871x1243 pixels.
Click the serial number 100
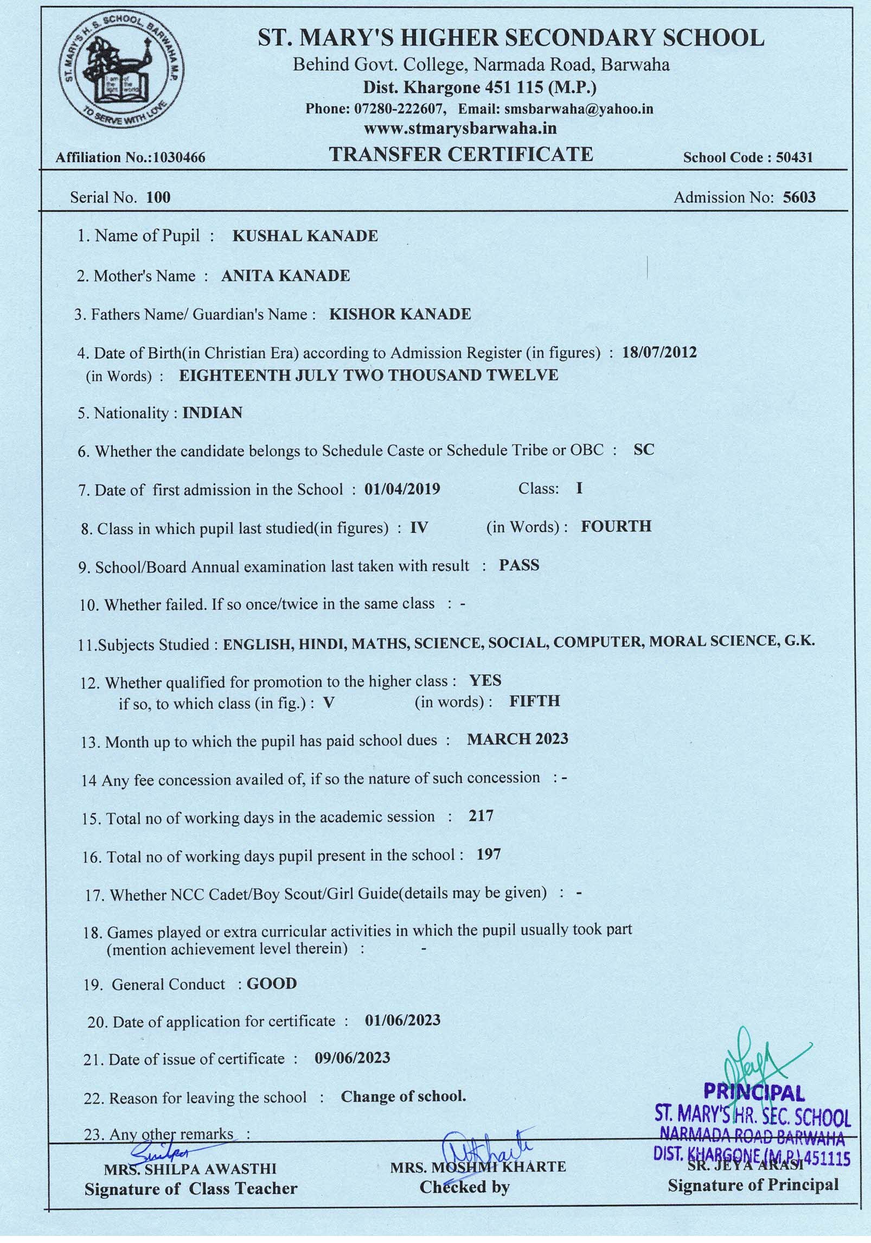(158, 197)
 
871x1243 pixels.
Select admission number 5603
(799, 197)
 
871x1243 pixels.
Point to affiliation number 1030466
(180, 158)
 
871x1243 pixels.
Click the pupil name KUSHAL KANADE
(305, 236)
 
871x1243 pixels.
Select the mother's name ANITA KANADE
(285, 276)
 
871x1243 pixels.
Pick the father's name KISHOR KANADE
(400, 314)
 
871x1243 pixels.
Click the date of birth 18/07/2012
(659, 353)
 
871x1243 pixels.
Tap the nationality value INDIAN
(212, 413)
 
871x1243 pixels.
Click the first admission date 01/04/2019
(402, 489)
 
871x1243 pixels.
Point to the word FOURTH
(616, 526)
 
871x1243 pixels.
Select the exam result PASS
(519, 565)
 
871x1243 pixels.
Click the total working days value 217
(481, 816)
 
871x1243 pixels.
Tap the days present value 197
(488, 855)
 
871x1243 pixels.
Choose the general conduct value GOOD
(272, 984)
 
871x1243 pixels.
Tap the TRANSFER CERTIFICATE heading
(461, 155)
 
